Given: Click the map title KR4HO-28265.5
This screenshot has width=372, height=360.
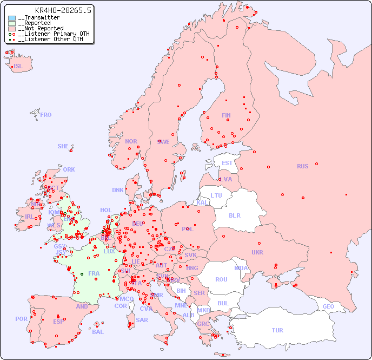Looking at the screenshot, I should click(x=63, y=10).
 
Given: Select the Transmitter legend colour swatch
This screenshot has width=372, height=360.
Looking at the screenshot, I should click(x=12, y=18).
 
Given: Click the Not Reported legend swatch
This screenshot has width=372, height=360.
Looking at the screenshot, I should click(x=12, y=29).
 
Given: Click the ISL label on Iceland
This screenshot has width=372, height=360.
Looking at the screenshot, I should click(x=18, y=67).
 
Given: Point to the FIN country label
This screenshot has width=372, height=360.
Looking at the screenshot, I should click(x=226, y=115).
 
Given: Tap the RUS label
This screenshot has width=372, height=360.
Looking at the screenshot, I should click(x=302, y=166).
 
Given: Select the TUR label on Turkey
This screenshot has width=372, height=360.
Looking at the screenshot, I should click(x=277, y=330).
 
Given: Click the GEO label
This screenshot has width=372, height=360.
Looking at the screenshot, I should click(x=328, y=306).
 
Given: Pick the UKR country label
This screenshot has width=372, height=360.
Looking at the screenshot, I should click(x=257, y=252).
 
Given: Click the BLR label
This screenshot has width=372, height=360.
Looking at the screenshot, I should click(x=234, y=215).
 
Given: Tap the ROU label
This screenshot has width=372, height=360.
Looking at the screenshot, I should click(x=221, y=279).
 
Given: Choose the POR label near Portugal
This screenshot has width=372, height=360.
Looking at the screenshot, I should click(x=21, y=319).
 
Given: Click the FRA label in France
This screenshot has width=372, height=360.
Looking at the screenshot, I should click(x=94, y=273).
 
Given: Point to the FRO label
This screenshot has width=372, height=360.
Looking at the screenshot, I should click(x=46, y=115).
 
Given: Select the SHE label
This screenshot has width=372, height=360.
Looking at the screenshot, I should click(x=63, y=146).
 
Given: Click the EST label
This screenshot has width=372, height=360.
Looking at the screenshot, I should click(x=227, y=163).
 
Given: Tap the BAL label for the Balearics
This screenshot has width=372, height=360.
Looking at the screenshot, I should click(x=98, y=332).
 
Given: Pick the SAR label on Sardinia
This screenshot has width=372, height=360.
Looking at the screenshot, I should click(x=142, y=320).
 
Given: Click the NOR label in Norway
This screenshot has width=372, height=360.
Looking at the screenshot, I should click(x=131, y=141).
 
